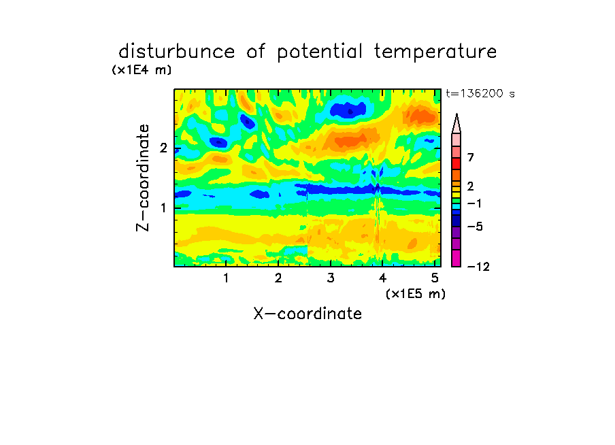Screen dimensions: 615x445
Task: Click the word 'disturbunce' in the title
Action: (x=177, y=52)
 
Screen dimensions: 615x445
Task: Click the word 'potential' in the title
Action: (x=320, y=52)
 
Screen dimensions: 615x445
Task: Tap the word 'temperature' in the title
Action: (x=435, y=52)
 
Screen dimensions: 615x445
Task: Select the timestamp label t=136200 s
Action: (x=480, y=93)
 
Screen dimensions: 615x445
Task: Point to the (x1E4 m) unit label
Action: (x=142, y=70)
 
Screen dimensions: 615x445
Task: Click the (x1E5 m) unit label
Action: (x=416, y=293)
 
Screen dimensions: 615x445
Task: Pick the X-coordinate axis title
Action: (x=307, y=314)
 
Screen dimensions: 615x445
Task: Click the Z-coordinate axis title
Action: (x=143, y=178)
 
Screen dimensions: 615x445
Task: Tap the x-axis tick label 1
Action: (x=227, y=278)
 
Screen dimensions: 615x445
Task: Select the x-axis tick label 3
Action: (x=331, y=278)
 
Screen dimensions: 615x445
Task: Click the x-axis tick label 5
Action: (x=435, y=278)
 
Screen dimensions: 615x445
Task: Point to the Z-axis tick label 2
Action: (x=163, y=148)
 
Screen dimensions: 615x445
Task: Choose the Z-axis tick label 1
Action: (x=163, y=208)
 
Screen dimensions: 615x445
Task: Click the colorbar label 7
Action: (x=471, y=157)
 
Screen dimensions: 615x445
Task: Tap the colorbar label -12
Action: (x=478, y=267)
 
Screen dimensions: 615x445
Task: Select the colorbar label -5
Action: (x=475, y=227)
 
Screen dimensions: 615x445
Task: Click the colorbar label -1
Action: (x=475, y=203)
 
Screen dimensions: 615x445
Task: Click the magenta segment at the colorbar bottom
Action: (x=456, y=258)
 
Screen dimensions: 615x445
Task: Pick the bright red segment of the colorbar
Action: (x=456, y=163)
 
